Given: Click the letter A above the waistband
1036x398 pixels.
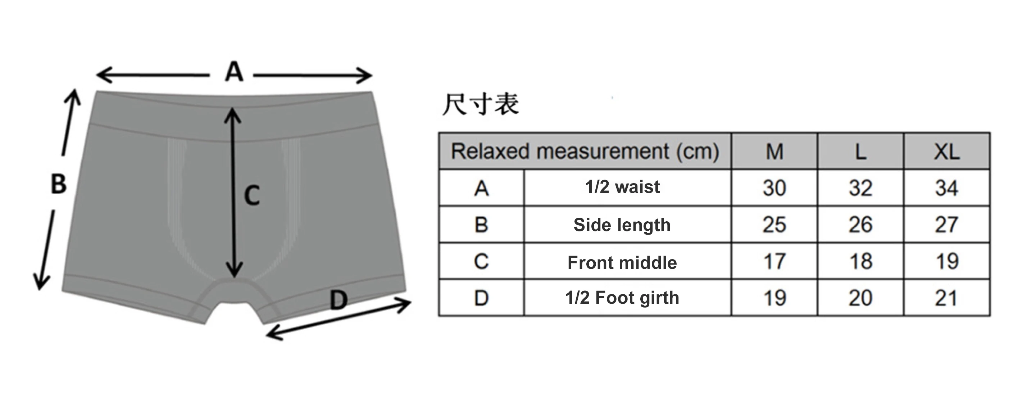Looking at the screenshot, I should point(234,72).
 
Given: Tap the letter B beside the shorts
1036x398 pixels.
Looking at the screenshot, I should point(58,184).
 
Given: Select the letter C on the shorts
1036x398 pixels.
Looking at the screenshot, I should point(252,196).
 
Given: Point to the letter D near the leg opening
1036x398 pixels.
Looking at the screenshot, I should point(338,300).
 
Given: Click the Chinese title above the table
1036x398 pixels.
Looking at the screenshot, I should point(481,104).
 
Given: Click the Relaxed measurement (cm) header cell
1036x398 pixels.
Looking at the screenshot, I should point(585,151).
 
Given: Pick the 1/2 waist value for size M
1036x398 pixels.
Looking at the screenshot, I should point(774,188).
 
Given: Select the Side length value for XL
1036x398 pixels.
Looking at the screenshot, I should point(946,225).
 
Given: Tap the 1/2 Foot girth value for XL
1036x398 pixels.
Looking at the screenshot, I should point(946,298).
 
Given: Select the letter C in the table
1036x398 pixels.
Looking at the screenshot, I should point(481,261).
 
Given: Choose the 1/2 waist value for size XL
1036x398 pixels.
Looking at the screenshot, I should point(946,188).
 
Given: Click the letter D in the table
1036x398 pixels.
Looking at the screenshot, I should point(481,298).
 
